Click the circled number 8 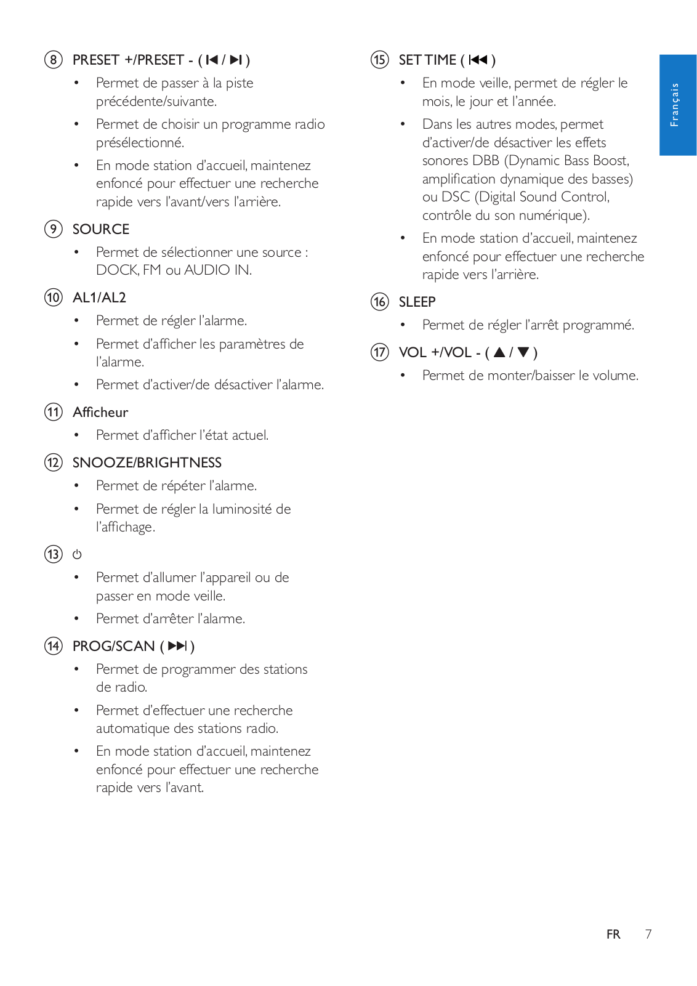(x=54, y=60)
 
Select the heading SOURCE (x=101, y=229)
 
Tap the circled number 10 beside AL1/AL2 (x=54, y=297)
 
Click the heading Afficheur (x=100, y=412)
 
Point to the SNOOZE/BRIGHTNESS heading (x=147, y=463)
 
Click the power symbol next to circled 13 (x=77, y=554)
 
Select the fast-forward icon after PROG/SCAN (x=177, y=646)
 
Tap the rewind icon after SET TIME (x=478, y=60)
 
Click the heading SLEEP (x=417, y=302)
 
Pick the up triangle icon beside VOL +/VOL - (x=499, y=352)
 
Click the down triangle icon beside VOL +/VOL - (x=523, y=352)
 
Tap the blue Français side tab (x=677, y=105)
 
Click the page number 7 (x=648, y=934)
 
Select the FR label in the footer (x=613, y=934)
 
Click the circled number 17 (x=380, y=352)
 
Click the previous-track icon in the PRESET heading (x=212, y=60)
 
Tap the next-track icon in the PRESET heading (x=236, y=60)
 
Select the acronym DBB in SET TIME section (x=486, y=161)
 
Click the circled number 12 (x=54, y=463)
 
